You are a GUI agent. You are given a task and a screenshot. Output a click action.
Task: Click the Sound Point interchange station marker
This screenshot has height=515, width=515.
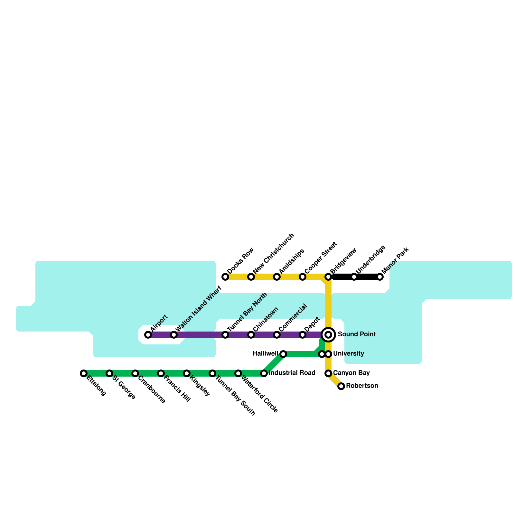tap(328, 335)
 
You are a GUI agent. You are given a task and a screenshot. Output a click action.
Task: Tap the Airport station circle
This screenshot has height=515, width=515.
tap(148, 335)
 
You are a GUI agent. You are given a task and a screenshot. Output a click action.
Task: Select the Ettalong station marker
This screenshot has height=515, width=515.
tap(84, 373)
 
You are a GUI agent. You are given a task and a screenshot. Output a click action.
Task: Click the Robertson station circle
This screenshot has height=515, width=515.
tap(341, 386)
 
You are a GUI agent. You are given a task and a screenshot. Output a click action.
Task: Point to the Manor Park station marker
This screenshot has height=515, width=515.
tap(380, 277)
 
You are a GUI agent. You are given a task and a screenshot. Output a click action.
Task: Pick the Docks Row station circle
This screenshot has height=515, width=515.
tap(225, 277)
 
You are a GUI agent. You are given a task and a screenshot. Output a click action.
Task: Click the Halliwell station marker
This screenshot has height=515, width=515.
tap(283, 354)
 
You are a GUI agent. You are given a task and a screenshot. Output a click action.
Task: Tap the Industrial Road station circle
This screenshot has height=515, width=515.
tap(264, 373)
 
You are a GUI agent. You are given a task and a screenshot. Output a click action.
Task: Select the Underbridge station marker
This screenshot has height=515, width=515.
tap(354, 277)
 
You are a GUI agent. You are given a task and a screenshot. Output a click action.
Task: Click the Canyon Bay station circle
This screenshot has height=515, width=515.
tap(328, 373)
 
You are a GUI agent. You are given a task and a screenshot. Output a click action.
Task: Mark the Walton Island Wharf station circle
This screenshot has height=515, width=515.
tap(174, 335)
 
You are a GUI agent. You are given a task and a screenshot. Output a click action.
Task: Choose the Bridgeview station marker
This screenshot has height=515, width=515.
tap(328, 277)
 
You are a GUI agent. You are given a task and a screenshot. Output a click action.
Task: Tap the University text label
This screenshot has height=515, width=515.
tap(349, 354)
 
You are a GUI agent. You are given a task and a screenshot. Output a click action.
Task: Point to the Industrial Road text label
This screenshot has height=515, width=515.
tap(292, 373)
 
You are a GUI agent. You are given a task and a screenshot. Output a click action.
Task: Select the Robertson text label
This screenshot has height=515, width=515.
tap(362, 386)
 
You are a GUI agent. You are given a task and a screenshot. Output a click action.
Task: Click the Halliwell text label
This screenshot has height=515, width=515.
tap(265, 354)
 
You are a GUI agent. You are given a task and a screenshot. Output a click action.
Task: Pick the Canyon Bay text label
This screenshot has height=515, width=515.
tap(351, 373)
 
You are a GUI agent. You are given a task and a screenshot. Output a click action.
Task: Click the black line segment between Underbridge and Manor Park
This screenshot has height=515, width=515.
tap(367, 277)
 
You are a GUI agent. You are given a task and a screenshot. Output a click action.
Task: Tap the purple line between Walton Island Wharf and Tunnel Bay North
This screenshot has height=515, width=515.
tap(200, 335)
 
